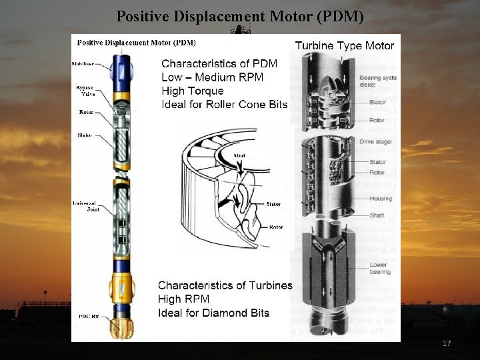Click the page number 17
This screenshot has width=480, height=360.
(447, 343)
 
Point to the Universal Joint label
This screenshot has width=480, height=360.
(85, 205)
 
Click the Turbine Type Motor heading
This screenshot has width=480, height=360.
(344, 45)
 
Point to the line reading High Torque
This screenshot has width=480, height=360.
(193, 91)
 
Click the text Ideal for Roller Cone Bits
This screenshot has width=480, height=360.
(224, 104)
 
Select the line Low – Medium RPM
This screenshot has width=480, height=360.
(212, 77)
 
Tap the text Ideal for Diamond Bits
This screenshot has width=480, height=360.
(213, 313)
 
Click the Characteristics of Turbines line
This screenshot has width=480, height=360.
(225, 285)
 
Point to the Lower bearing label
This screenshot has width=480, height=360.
(378, 268)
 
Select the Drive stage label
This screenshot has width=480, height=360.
(381, 141)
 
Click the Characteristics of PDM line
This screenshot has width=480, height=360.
(219, 64)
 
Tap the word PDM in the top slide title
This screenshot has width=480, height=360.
(340, 16)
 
